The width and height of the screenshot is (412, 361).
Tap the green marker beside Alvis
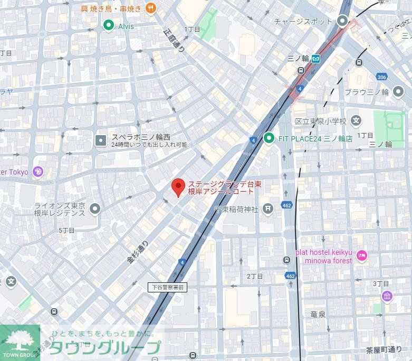click(x=109, y=25)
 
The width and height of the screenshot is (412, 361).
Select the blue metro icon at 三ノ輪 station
click(x=316, y=59)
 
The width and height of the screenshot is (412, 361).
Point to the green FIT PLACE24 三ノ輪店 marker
click(x=269, y=138)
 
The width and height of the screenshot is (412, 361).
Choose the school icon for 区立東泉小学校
click(x=356, y=121)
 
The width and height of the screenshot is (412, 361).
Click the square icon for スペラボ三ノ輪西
click(x=101, y=140)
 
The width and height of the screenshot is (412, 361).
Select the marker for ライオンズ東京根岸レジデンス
click(x=95, y=209)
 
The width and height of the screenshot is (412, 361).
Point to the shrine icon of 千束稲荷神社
click(x=269, y=209)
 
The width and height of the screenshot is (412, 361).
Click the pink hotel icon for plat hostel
click(x=361, y=256)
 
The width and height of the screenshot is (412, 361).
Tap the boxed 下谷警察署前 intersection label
click(x=167, y=287)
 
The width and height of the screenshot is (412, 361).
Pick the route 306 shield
click(x=381, y=77)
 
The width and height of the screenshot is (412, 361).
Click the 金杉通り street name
click(x=138, y=252)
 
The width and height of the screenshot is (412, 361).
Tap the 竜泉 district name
click(x=318, y=315)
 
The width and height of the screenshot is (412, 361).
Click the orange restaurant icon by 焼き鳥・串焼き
click(x=151, y=8)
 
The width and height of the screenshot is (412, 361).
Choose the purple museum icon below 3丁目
click(x=387, y=296)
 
